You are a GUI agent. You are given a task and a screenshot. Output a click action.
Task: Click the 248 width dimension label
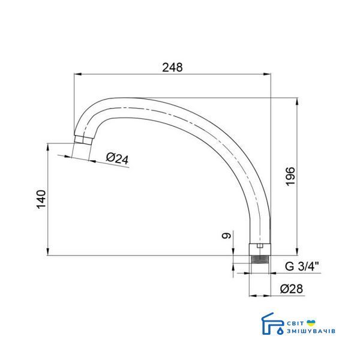(x=172, y=67)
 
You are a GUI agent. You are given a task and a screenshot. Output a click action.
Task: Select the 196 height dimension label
(x=290, y=176)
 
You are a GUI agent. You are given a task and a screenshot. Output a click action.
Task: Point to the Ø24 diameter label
(x=118, y=158)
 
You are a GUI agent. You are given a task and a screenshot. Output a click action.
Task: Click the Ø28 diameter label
(x=292, y=289)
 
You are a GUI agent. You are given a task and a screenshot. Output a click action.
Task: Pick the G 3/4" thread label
(x=302, y=266)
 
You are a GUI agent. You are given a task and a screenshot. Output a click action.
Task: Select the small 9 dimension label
(x=226, y=236)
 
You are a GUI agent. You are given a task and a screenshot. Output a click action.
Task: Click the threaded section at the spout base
(x=260, y=259)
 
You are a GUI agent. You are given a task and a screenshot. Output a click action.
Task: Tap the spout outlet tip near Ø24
(x=83, y=140)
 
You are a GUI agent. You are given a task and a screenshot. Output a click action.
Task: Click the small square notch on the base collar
(x=260, y=246)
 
